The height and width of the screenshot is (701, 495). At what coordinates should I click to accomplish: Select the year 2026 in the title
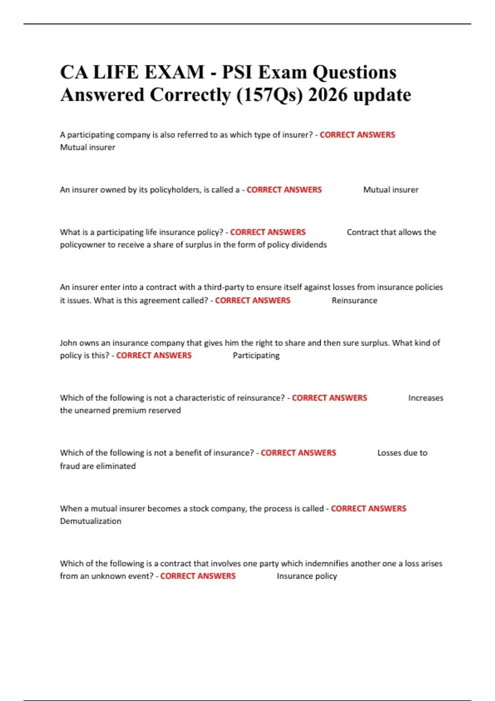click(x=328, y=95)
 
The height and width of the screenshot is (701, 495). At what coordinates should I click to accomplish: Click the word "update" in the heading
click(x=382, y=95)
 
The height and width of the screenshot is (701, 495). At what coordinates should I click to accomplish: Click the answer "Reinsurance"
click(x=354, y=301)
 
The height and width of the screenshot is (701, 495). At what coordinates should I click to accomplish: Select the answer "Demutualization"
click(x=91, y=521)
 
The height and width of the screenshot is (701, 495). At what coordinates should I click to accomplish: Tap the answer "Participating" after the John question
click(x=256, y=355)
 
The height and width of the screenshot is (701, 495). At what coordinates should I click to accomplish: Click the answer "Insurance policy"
click(x=306, y=576)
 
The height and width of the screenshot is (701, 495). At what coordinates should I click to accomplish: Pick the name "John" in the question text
click(x=68, y=343)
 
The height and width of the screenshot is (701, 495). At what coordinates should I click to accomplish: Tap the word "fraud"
click(x=69, y=466)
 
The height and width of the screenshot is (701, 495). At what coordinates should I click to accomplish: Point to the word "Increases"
click(x=426, y=398)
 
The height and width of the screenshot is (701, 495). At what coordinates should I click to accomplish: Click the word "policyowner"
click(x=82, y=245)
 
